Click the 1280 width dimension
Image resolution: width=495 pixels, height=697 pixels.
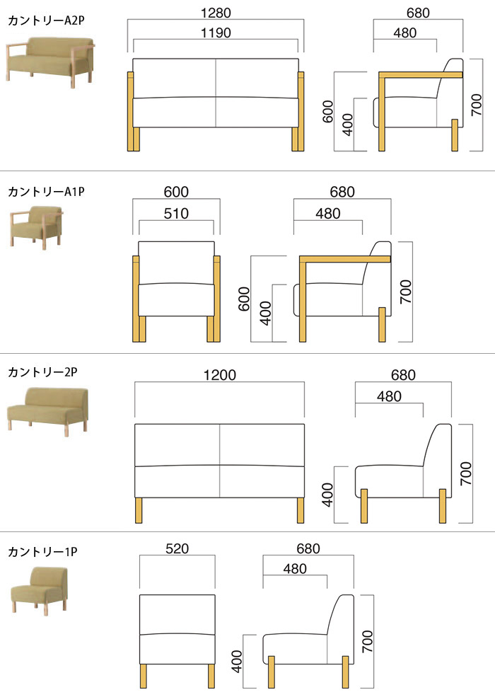tap(216, 13)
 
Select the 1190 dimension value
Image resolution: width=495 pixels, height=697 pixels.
tap(216, 33)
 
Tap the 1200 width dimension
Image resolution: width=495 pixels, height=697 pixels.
tap(219, 375)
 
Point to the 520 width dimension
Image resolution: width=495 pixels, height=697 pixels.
tap(177, 548)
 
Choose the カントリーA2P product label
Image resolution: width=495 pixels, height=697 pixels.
tap(46, 21)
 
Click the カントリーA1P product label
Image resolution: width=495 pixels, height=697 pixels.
tap(46, 191)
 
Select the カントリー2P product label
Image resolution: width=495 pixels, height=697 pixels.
tap(42, 371)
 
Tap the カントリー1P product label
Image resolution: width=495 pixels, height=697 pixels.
tap(42, 551)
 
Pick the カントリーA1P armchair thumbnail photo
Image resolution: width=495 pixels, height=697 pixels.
tap(37, 225)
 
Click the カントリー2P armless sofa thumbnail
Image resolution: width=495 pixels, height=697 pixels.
tap(47, 409)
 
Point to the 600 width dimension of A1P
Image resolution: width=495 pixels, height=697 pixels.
tap(177, 192)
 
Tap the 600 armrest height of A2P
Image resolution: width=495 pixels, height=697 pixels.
tap(328, 111)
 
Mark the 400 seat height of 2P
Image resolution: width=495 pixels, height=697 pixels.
tap(328, 494)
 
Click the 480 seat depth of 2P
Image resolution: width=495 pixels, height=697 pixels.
tap(389, 396)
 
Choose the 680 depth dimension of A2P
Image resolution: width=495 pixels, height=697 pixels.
tap(418, 13)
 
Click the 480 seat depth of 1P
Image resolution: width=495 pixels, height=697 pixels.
tap(295, 568)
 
